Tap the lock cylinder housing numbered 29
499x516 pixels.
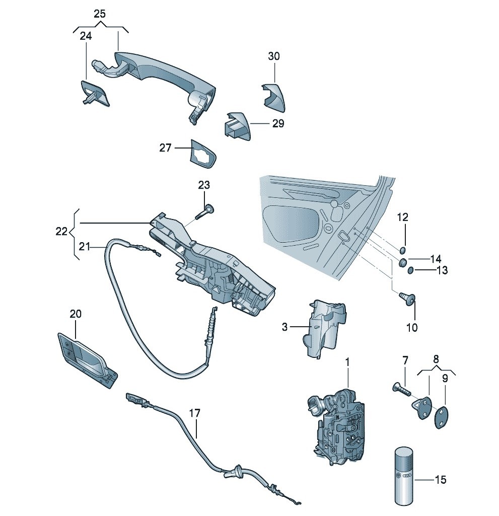[236, 126]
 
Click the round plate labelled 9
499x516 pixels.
[441, 417]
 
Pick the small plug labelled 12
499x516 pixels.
[403, 251]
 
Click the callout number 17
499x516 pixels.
[195, 413]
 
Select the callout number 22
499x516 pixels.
[61, 231]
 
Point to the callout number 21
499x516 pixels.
[85, 247]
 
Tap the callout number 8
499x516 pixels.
[436, 359]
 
